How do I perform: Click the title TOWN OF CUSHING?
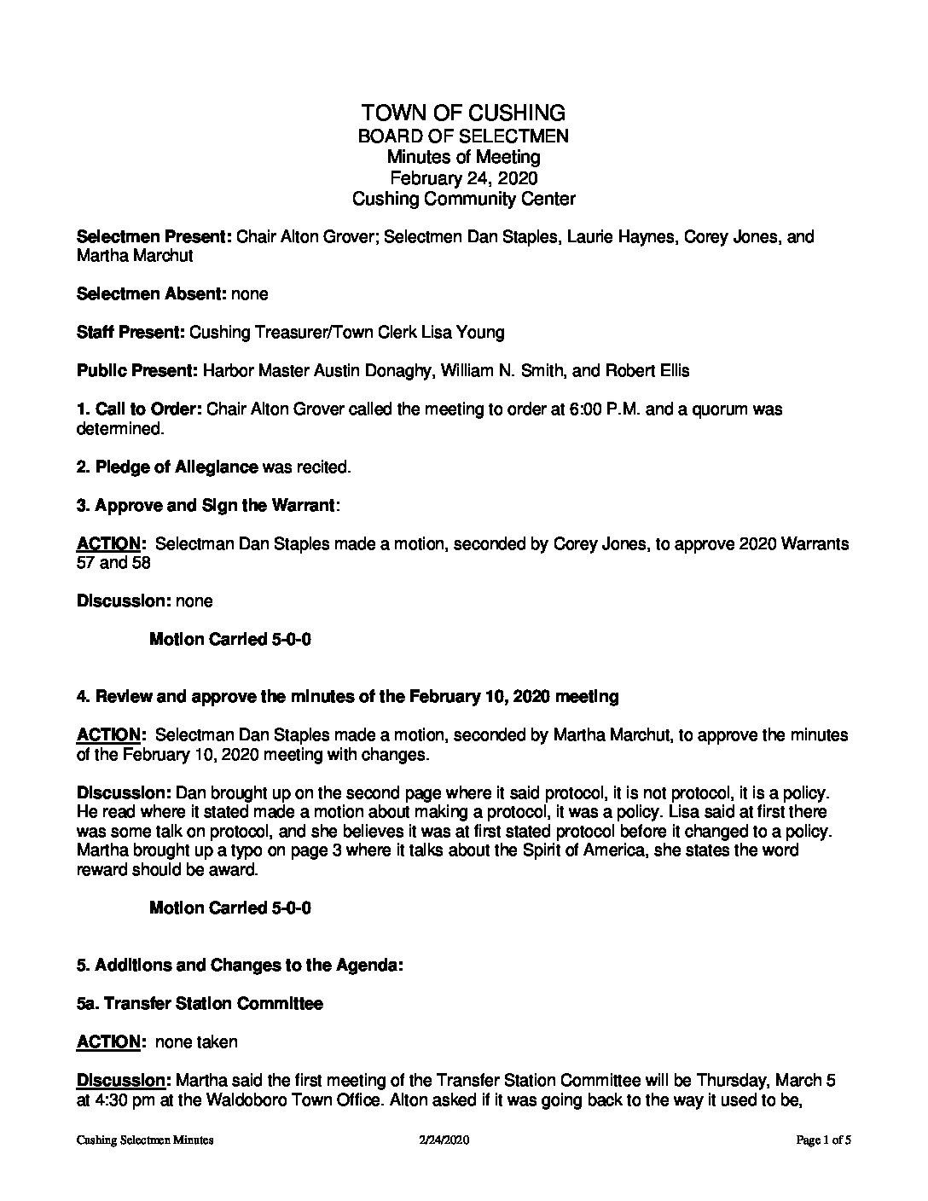(x=463, y=113)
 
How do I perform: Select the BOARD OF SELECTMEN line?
(x=463, y=136)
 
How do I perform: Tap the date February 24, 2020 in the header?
(x=463, y=177)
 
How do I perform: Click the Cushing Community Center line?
(x=463, y=199)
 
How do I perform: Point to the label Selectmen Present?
(x=154, y=236)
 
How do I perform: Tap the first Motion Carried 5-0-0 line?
(x=229, y=639)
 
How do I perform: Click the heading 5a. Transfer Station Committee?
(x=200, y=1004)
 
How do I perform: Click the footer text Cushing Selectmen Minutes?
(x=144, y=1140)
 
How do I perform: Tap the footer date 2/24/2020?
(x=445, y=1140)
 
